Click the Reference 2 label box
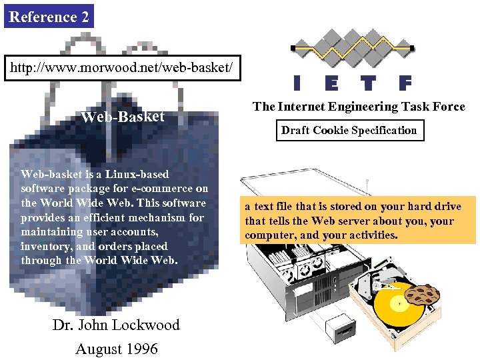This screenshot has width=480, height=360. pyautogui.click(x=49, y=17)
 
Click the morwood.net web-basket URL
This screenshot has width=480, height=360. pyautogui.click(x=122, y=68)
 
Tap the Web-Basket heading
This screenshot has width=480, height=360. pyautogui.click(x=122, y=117)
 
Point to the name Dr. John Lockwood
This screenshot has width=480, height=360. pyautogui.click(x=116, y=325)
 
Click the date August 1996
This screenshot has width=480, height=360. pyautogui.click(x=116, y=349)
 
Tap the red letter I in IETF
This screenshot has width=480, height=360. pyautogui.click(x=297, y=83)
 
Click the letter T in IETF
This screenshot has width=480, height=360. pyautogui.click(x=368, y=83)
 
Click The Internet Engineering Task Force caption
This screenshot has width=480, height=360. pyautogui.click(x=359, y=107)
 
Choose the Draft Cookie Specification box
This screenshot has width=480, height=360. pyautogui.click(x=349, y=131)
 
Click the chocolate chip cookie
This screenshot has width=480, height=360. pyautogui.click(x=421, y=294)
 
